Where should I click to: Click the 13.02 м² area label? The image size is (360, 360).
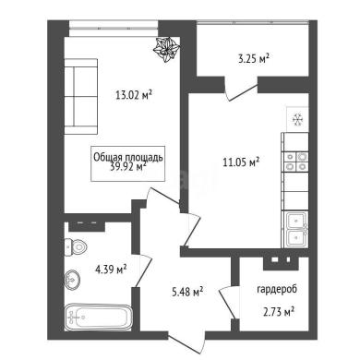coord(134,95)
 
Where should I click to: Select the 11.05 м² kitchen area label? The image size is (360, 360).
coord(241,162)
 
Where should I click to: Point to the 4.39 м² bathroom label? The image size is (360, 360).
coord(111,270)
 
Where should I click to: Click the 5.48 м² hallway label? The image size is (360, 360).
coord(187,292)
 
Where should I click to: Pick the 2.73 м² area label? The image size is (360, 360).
coord(279,312)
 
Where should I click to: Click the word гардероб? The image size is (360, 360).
coord(277,290)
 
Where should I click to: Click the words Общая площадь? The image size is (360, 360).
coord(128,157)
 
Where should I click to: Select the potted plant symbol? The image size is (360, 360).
coord(166,50)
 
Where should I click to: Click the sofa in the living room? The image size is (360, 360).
coord(81,96)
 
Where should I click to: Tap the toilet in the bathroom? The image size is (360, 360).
coord(76,246)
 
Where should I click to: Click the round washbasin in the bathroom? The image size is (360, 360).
coord(73,280)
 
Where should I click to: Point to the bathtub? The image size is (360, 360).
coord(98,318)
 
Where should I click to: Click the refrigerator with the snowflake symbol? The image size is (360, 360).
coord(297,119)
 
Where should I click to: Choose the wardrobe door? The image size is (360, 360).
coord(229,302)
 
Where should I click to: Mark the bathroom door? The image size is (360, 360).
coord(143,270)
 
